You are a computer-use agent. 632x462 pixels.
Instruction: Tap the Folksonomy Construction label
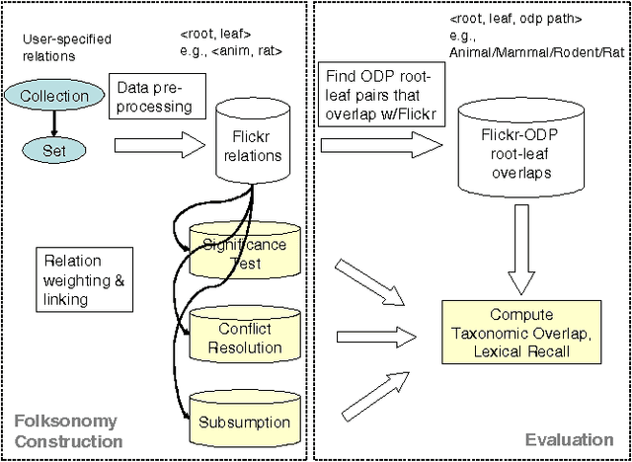click(x=66, y=431)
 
